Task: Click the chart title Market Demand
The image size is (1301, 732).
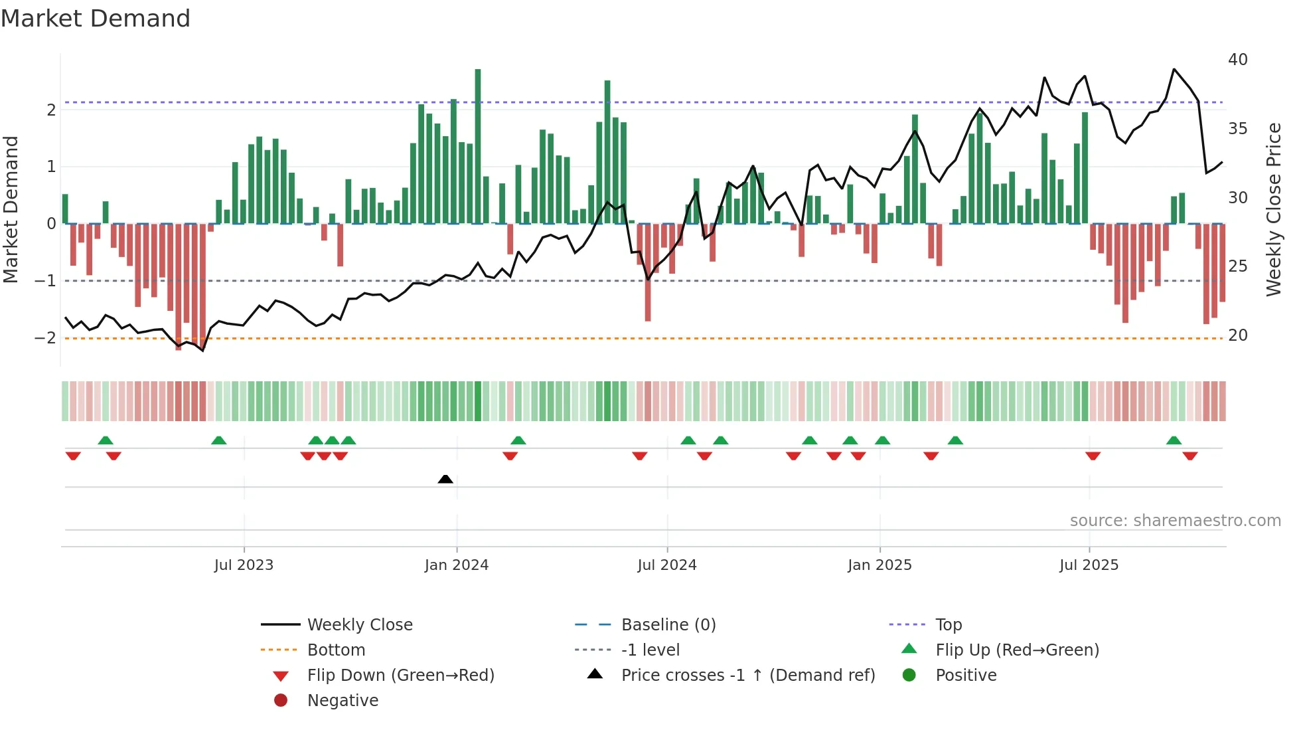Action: [x=95, y=19]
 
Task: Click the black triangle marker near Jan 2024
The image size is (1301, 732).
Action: [x=445, y=479]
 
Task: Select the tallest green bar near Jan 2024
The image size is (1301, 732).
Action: [x=478, y=146]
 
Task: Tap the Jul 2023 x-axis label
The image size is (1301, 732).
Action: [x=244, y=565]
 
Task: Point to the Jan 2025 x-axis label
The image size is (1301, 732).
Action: [x=880, y=565]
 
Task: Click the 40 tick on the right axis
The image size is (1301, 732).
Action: [x=1238, y=60]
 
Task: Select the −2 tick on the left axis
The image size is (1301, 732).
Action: [x=46, y=337]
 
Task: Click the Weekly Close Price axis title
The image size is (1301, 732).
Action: [x=1273, y=209]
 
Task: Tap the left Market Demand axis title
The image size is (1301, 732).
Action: [x=11, y=209]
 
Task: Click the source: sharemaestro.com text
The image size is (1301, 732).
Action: [x=1175, y=521]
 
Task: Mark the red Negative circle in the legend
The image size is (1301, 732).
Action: [x=281, y=701]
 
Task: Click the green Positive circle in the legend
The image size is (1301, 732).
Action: [x=909, y=676]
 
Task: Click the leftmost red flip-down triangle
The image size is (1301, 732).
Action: [x=73, y=456]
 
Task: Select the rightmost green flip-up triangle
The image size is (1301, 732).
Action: [x=1174, y=440]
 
